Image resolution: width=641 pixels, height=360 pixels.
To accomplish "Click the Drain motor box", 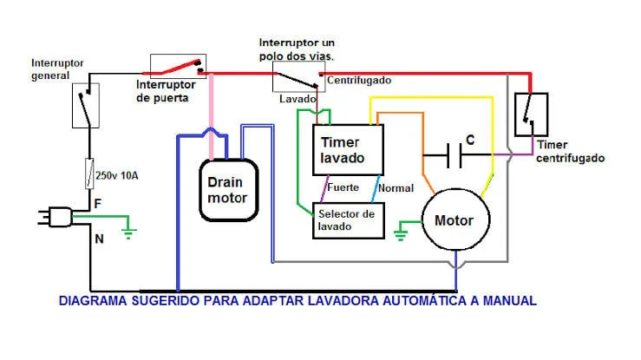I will (x=227, y=189).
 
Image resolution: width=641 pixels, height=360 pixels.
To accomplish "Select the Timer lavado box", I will (x=347, y=149).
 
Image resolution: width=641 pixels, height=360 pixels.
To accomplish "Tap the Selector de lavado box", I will (x=347, y=220).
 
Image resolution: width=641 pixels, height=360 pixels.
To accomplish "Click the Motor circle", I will (x=454, y=220).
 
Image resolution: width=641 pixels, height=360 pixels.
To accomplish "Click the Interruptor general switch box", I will (x=85, y=105).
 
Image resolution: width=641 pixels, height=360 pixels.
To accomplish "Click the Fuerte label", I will (x=343, y=187).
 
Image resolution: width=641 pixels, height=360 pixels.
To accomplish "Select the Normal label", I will (x=396, y=187).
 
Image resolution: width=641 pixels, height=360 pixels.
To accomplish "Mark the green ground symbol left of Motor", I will (x=402, y=231).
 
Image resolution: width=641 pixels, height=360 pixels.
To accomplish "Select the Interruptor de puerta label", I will (x=170, y=91).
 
